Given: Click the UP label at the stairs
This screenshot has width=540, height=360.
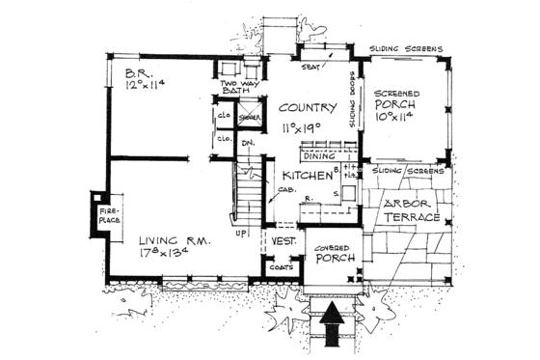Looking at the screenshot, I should tap(240, 232).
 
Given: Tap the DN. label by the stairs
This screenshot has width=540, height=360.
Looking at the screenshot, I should tap(247, 146).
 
